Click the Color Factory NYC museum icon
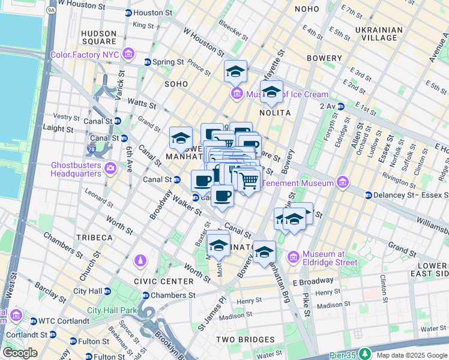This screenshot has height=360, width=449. (127, 55)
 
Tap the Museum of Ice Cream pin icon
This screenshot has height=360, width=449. (237, 94)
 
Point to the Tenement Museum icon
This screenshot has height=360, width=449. (342, 182)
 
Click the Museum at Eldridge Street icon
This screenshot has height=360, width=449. (294, 257)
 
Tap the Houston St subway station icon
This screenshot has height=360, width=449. (128, 13)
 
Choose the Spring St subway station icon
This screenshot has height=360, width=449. (147, 62)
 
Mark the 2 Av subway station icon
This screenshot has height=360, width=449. (340, 106)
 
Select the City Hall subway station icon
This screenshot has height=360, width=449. (107, 291)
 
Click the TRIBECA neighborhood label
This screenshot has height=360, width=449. (94, 238)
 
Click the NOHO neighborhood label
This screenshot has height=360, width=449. (307, 9)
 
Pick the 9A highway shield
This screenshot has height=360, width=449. (52, 10)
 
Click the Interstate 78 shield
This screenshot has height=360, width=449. (91, 148)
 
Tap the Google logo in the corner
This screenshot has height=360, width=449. (20, 353)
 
